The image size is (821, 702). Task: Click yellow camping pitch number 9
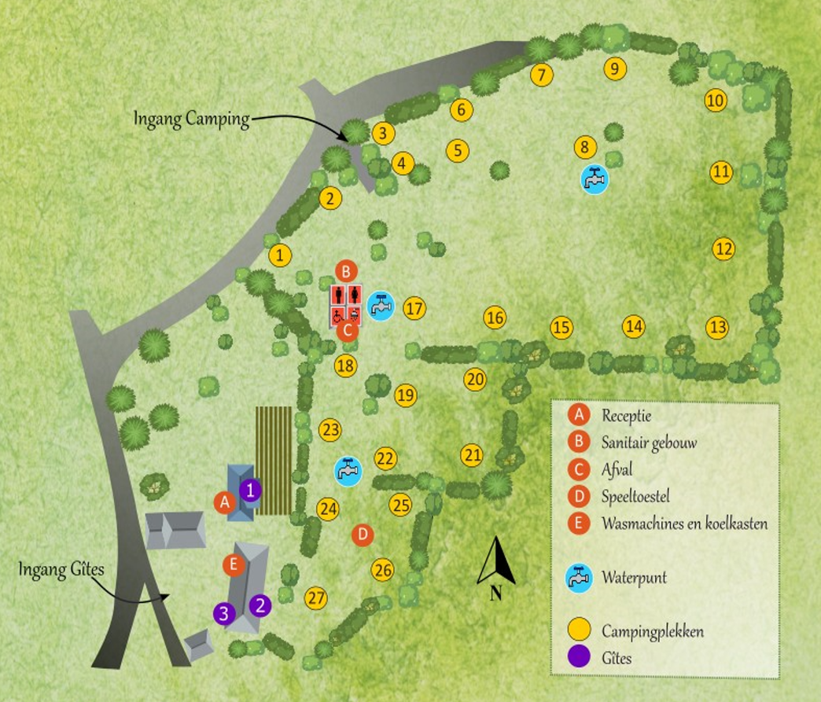(615, 68)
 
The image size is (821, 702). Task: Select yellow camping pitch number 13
(716, 327)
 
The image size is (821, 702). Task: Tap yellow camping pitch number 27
(315, 597)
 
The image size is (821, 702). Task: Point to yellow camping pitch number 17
(414, 308)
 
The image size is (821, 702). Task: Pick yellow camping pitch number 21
(472, 455)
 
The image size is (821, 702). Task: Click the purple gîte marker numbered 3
(224, 613)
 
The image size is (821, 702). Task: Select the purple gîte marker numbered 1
(250, 491)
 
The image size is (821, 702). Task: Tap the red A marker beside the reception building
(225, 501)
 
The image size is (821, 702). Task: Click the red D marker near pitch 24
(363, 535)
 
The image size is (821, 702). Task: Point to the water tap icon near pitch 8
(595, 179)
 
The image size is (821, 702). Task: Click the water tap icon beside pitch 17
(381, 305)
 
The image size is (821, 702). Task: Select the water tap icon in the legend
(579, 579)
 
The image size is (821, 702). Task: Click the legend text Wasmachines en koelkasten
(684, 524)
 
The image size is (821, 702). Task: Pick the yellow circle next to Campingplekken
(580, 630)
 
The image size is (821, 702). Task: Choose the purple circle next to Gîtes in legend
(580, 657)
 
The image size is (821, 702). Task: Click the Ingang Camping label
(191, 119)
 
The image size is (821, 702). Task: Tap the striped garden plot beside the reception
(274, 460)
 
